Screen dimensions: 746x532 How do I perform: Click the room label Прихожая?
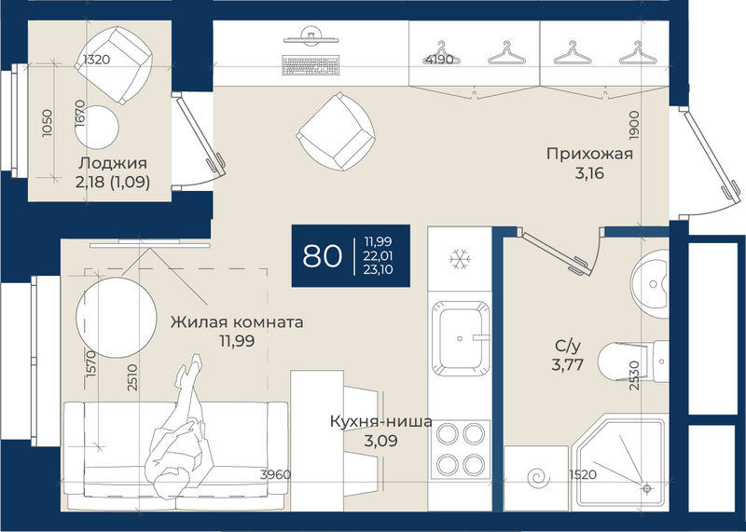tap(589, 154)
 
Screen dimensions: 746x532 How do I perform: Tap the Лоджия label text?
tap(113, 163)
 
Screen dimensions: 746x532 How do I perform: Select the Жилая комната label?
tap(237, 321)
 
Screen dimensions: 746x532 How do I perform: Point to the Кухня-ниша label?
tap(381, 421)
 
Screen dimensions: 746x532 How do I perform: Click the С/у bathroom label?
tap(568, 346)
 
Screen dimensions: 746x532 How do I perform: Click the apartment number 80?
tap(322, 256)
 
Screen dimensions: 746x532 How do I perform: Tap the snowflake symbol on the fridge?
tap(460, 259)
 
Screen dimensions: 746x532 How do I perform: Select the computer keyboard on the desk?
tap(311, 65)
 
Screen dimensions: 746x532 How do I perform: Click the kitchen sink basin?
tap(460, 338)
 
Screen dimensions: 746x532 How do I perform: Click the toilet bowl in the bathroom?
tap(623, 361)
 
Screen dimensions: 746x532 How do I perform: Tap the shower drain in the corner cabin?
tap(646, 488)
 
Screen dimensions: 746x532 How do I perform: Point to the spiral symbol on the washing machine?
tap(539, 478)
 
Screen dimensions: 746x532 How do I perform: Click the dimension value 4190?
tap(439, 60)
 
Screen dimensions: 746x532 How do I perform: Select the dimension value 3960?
tap(275, 474)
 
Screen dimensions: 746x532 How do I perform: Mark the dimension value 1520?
tap(583, 474)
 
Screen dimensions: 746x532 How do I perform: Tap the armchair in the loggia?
tap(114, 65)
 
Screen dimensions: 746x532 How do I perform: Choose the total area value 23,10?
tap(379, 270)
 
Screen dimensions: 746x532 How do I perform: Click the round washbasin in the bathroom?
tap(650, 284)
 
